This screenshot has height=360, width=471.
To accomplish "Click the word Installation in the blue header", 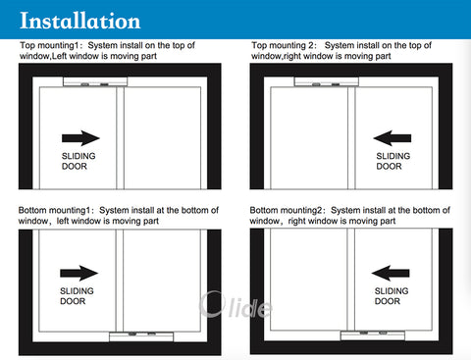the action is click(80, 21).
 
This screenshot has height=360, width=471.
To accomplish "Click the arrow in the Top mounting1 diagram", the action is click(80, 138).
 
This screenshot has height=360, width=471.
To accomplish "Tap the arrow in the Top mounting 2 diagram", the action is click(392, 138).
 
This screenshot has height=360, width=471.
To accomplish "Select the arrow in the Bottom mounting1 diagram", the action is click(79, 273).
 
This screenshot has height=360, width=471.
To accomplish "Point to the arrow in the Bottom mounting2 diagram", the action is click(391, 273).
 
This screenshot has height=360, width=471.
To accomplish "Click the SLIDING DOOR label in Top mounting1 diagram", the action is click(78, 161).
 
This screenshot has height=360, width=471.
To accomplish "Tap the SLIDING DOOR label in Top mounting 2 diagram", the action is click(393, 161).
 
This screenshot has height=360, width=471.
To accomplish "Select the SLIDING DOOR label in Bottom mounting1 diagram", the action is click(77, 296).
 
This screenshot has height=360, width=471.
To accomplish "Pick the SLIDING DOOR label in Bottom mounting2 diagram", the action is click(392, 296).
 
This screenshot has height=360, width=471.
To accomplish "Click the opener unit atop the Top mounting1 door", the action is click(95, 81).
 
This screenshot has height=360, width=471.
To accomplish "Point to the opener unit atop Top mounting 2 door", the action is click(327, 81).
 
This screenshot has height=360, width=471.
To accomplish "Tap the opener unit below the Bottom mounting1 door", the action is click(141, 336).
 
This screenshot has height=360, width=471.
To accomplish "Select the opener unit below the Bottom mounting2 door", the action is click(373, 335).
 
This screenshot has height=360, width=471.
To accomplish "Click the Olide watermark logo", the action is click(235, 305).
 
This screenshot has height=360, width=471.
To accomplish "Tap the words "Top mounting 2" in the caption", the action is click(282, 46).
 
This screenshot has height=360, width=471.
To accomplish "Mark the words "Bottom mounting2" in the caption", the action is click(286, 211).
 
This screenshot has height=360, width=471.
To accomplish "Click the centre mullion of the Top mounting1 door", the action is click(120, 138).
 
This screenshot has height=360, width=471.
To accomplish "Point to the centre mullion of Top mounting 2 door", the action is click(351, 138).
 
